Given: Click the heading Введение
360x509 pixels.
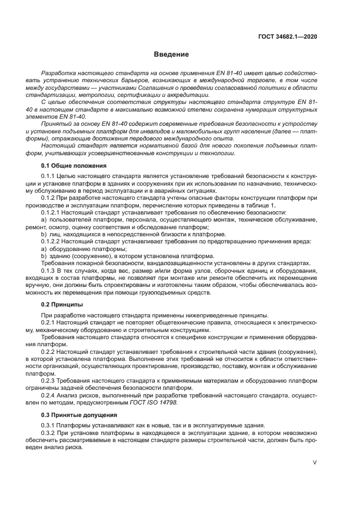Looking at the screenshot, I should pos(171,54).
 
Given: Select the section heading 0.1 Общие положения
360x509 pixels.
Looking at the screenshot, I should pos(74,165).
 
